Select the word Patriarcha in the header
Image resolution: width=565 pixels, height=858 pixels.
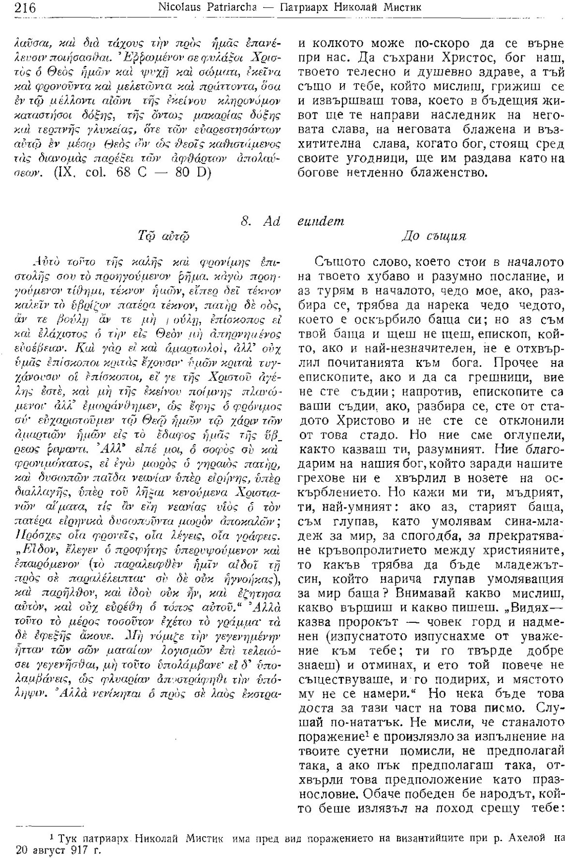pos(231,8)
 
